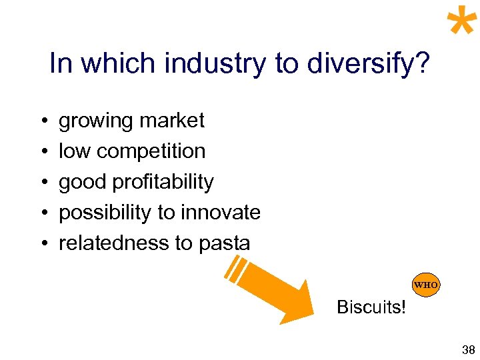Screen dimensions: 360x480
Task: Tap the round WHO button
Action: pyautogui.click(x=426, y=285)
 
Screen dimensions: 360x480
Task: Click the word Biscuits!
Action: pyautogui.click(x=371, y=307)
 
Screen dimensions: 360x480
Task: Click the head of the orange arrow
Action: pyautogui.click(x=297, y=303)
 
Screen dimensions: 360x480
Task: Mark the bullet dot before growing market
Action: pyautogui.click(x=42, y=122)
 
